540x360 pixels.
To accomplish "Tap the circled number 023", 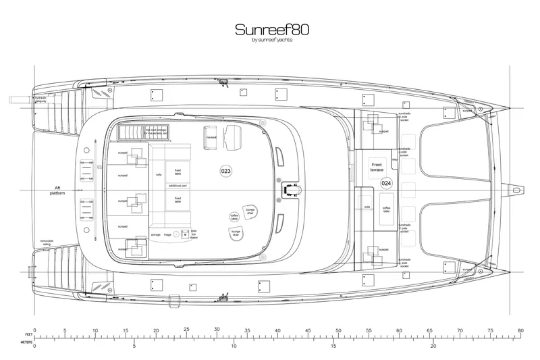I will pos(226,172).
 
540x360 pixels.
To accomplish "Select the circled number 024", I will pos(386,183).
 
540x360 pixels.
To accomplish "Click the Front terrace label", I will pos(376,168).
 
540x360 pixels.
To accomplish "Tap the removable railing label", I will pos(46,242).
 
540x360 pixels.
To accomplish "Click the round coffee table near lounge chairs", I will pos(234,217).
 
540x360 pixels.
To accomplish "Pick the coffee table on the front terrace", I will pos(387,210).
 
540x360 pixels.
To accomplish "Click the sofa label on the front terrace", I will pos(368,206).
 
